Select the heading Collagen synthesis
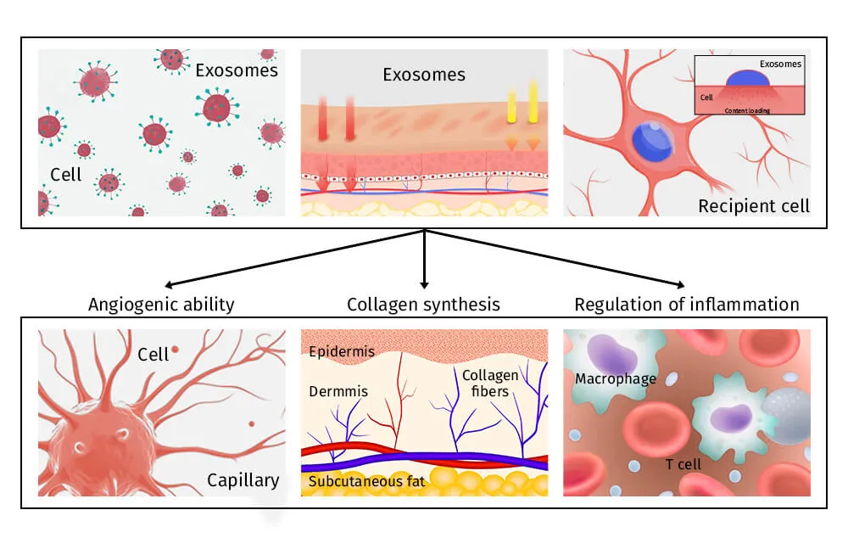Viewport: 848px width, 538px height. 423,304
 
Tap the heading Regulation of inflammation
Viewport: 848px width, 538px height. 687,304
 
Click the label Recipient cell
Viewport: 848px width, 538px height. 754,205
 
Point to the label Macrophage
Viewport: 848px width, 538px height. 616,379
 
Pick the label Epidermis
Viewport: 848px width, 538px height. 342,351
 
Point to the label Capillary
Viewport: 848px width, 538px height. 243,480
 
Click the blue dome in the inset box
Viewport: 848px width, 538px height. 748,76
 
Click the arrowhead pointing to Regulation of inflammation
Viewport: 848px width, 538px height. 680,286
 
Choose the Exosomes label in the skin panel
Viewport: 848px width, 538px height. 424,75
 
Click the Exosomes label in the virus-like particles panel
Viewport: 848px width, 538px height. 237,70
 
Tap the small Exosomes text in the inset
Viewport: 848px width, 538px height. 780,64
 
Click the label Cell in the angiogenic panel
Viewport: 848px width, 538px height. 153,355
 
